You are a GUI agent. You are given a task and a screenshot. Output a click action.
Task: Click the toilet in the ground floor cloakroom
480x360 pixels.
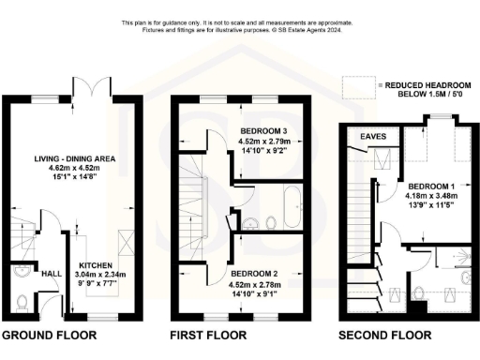point(23,302)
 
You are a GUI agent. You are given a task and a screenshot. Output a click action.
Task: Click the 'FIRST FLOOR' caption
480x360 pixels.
point(208,335)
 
